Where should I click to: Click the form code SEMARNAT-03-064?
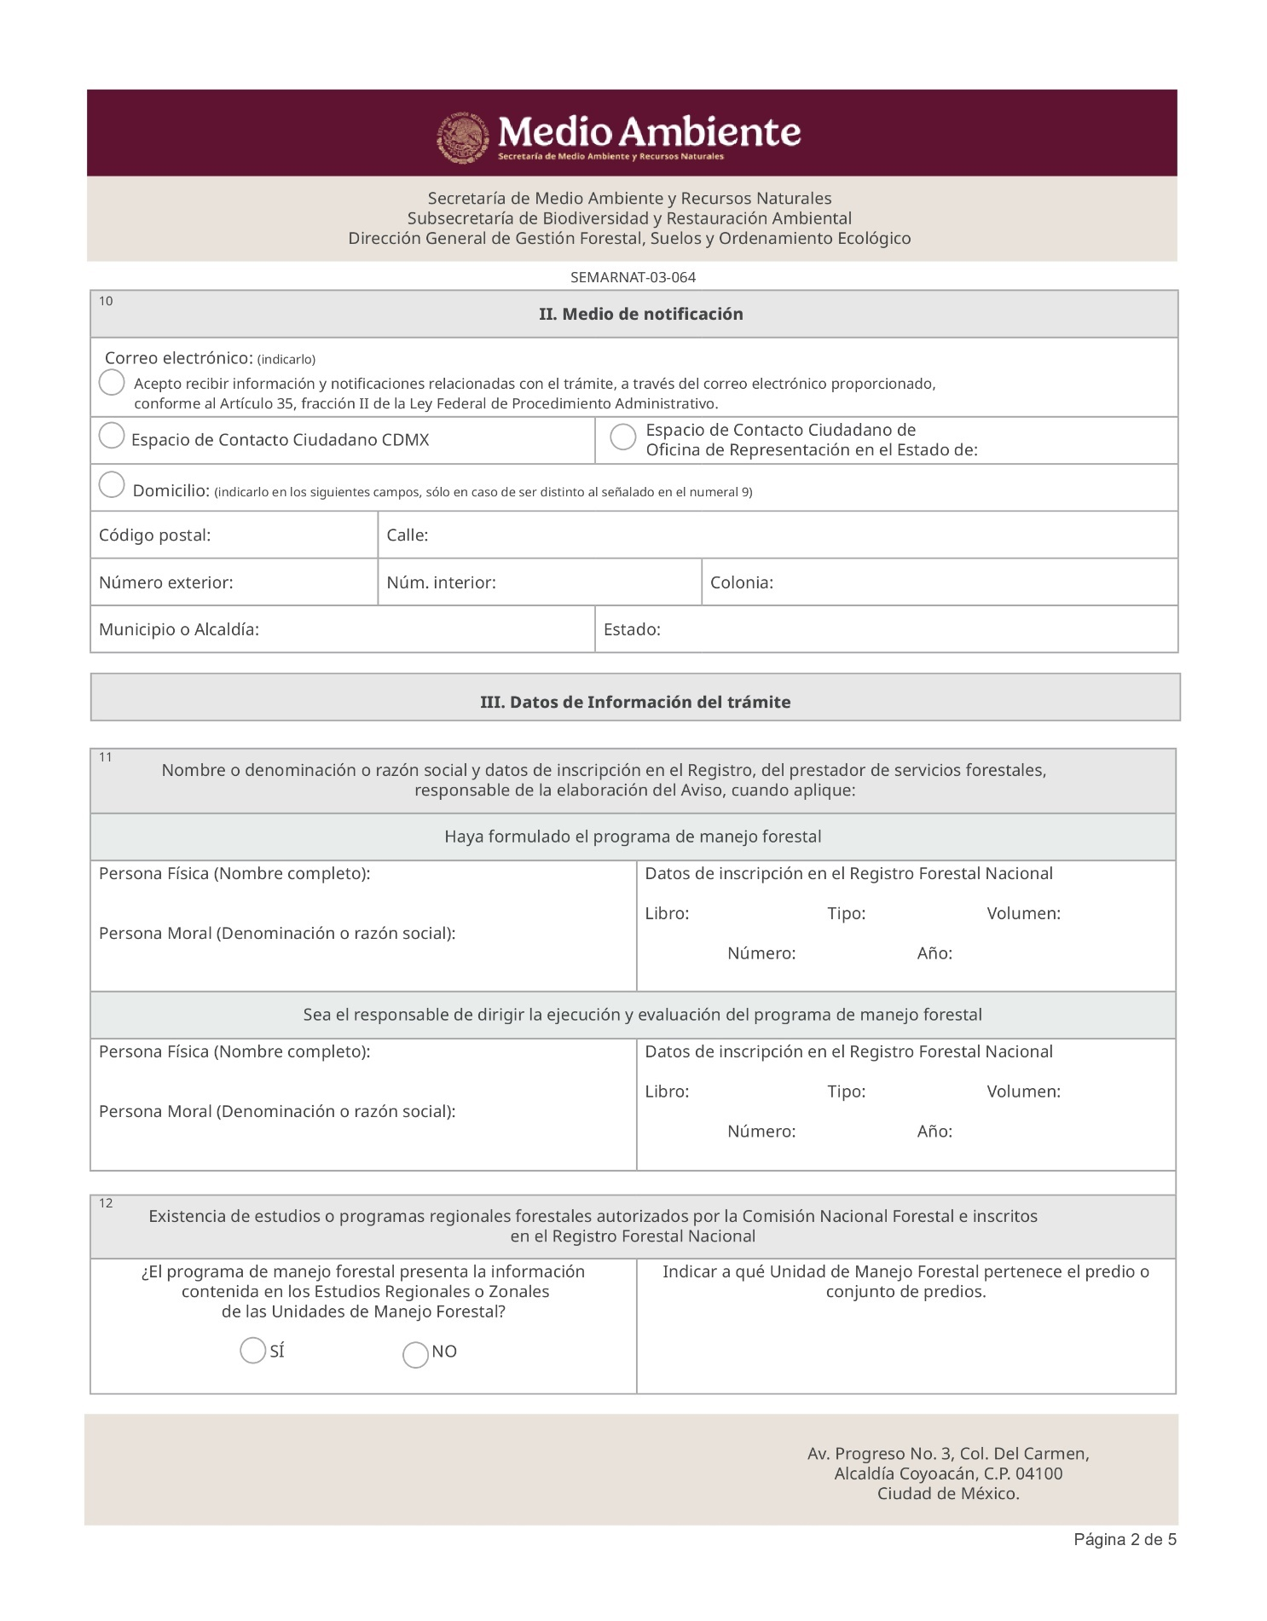click(x=633, y=277)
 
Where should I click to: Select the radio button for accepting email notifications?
click(x=112, y=382)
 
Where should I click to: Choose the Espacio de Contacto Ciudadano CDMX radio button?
click(x=112, y=436)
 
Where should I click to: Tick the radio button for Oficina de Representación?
click(x=623, y=437)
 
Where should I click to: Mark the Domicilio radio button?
click(x=112, y=484)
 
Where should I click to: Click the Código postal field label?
click(x=154, y=536)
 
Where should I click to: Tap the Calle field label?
click(x=407, y=536)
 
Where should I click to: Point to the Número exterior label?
click(x=165, y=583)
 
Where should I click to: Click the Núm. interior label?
click(x=441, y=583)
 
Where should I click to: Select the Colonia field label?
click(x=741, y=583)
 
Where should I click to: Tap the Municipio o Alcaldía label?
click(x=178, y=630)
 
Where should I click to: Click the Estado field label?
click(x=632, y=630)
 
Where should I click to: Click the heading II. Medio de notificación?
click(x=640, y=315)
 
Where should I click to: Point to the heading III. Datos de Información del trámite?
click(x=635, y=703)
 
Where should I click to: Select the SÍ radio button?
click(x=252, y=1351)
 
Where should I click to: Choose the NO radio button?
click(x=415, y=1355)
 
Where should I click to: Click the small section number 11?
click(x=106, y=757)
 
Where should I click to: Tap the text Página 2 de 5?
click(x=1125, y=1540)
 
